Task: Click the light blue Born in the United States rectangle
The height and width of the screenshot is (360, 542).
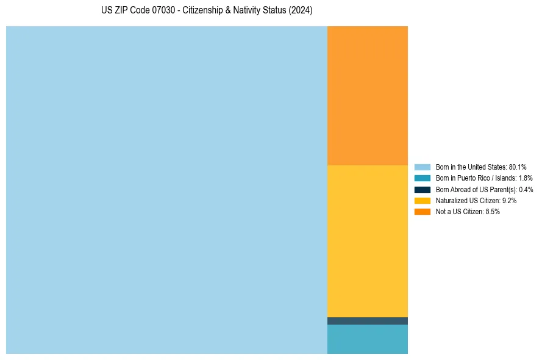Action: point(166,190)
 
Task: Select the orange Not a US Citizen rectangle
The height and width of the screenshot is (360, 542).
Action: point(368,95)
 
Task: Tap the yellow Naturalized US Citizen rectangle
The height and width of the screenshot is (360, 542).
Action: point(368,241)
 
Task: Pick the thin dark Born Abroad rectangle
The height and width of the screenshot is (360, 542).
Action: point(368,321)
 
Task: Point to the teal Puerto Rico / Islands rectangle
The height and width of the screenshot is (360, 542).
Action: point(368,339)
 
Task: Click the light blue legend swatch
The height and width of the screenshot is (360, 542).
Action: point(423,167)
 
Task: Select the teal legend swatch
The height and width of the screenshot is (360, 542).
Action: point(423,178)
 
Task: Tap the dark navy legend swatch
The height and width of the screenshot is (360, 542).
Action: point(423,189)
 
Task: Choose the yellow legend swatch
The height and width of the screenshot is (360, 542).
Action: point(423,200)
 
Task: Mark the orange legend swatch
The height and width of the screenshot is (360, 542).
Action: point(423,212)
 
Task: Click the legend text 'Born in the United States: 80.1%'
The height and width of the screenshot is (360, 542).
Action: point(481,167)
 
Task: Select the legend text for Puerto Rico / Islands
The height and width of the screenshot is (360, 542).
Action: point(484,178)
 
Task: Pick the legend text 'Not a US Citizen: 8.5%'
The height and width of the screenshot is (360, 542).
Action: point(468,212)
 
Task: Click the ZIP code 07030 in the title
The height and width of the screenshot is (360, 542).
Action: point(163,11)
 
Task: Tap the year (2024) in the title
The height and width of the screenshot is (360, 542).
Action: point(301,11)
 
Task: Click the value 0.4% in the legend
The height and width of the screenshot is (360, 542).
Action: point(526,189)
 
